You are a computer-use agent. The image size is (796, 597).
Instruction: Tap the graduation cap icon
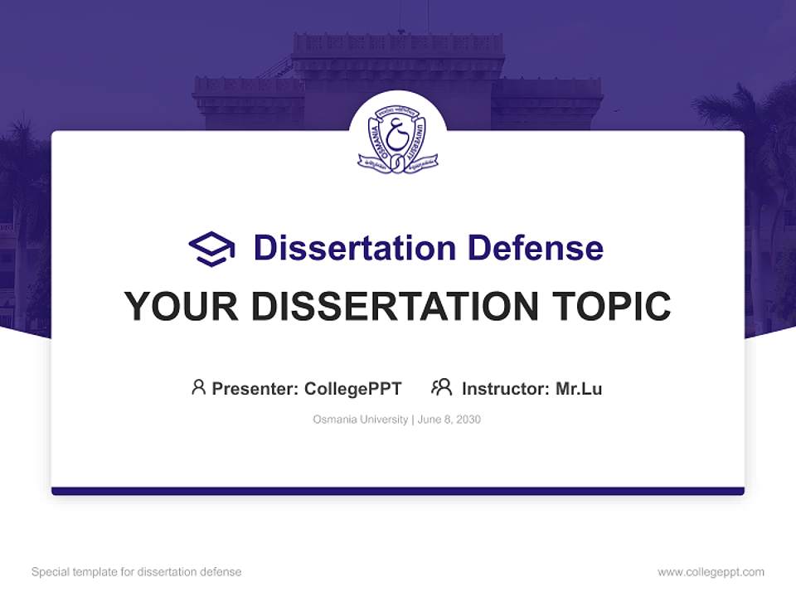pyautogui.click(x=211, y=248)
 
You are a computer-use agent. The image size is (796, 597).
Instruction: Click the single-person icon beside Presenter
pyautogui.click(x=198, y=387)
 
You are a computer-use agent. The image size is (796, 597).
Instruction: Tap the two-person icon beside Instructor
pyautogui.click(x=442, y=387)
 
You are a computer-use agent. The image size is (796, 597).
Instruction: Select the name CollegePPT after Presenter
pyautogui.click(x=353, y=389)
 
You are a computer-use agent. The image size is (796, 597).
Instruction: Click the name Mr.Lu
pyautogui.click(x=579, y=389)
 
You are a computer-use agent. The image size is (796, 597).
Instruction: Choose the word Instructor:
pyautogui.click(x=506, y=389)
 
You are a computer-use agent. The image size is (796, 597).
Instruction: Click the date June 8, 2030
pyautogui.click(x=449, y=420)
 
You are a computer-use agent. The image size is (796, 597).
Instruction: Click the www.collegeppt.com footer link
pyautogui.click(x=711, y=572)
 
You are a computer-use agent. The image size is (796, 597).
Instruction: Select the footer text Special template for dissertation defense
pyautogui.click(x=137, y=572)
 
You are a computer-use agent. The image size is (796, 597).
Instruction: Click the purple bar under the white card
pyautogui.click(x=398, y=491)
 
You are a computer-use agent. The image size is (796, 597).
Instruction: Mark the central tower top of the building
pyautogui.click(x=398, y=46)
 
